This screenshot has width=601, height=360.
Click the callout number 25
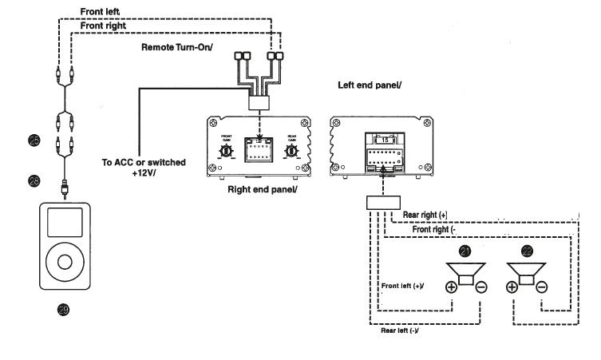[x=34, y=140]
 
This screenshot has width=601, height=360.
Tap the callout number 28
[x=34, y=181]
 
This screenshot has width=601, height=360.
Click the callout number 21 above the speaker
[x=466, y=251]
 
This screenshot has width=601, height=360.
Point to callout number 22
[x=526, y=251]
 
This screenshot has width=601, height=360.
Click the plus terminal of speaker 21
[x=451, y=287]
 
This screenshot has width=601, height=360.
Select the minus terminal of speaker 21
[x=480, y=287]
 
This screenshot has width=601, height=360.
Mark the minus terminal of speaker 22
[x=541, y=287]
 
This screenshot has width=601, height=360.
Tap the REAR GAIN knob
[x=292, y=148]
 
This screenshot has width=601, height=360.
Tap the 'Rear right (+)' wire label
[x=430, y=215]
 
